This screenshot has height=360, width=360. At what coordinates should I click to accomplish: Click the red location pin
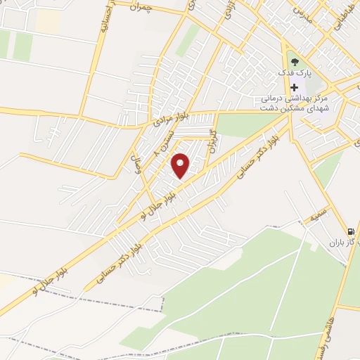tap(181, 165)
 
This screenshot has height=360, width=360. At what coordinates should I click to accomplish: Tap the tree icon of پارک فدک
tap(294, 61)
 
